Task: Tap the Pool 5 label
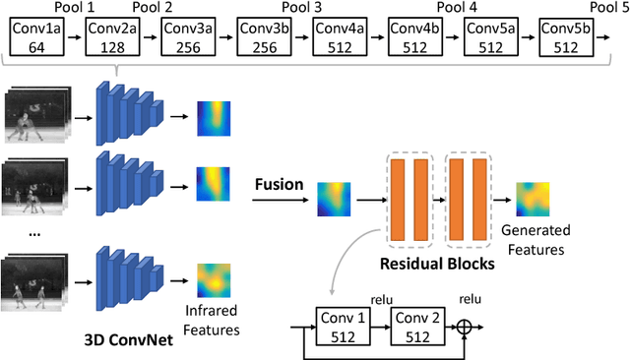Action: click(608, 8)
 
